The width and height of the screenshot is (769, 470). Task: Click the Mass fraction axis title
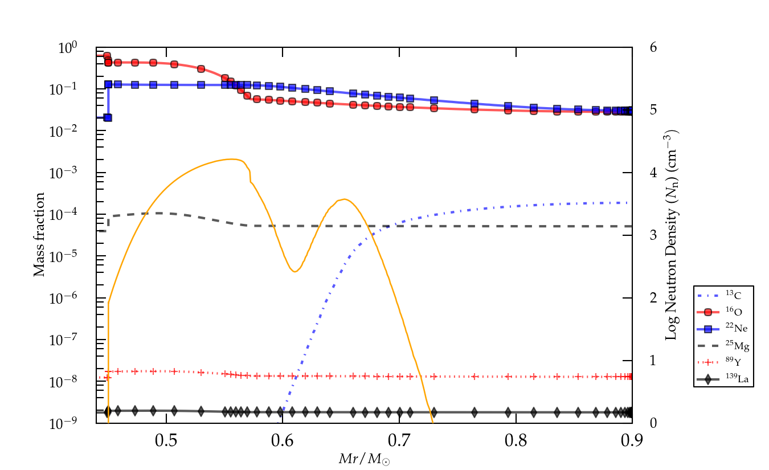point(39,235)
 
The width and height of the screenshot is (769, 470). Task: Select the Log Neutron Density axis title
point(672,235)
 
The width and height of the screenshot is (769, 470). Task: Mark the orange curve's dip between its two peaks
point(294,271)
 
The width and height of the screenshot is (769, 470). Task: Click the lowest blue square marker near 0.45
point(108,117)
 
